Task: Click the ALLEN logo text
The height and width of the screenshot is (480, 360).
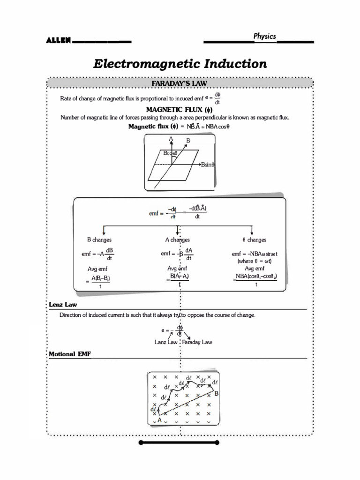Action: [58, 41]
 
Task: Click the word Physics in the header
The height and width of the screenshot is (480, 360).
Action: [265, 36]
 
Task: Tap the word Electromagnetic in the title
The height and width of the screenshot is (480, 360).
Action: [145, 64]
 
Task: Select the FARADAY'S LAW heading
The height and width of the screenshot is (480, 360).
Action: [180, 83]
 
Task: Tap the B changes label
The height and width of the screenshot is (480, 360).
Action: [99, 240]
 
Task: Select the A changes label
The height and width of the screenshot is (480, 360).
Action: [177, 240]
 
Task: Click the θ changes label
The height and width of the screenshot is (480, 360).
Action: [254, 240]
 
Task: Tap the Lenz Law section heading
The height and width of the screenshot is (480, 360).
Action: [63, 305]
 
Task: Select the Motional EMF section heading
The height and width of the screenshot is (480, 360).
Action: [70, 354]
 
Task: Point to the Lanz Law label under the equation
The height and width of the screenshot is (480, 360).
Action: [165, 342]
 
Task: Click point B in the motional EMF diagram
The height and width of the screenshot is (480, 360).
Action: [217, 394]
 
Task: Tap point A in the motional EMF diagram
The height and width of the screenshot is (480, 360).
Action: [159, 421]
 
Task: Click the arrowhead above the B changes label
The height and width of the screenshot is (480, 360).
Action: [104, 232]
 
